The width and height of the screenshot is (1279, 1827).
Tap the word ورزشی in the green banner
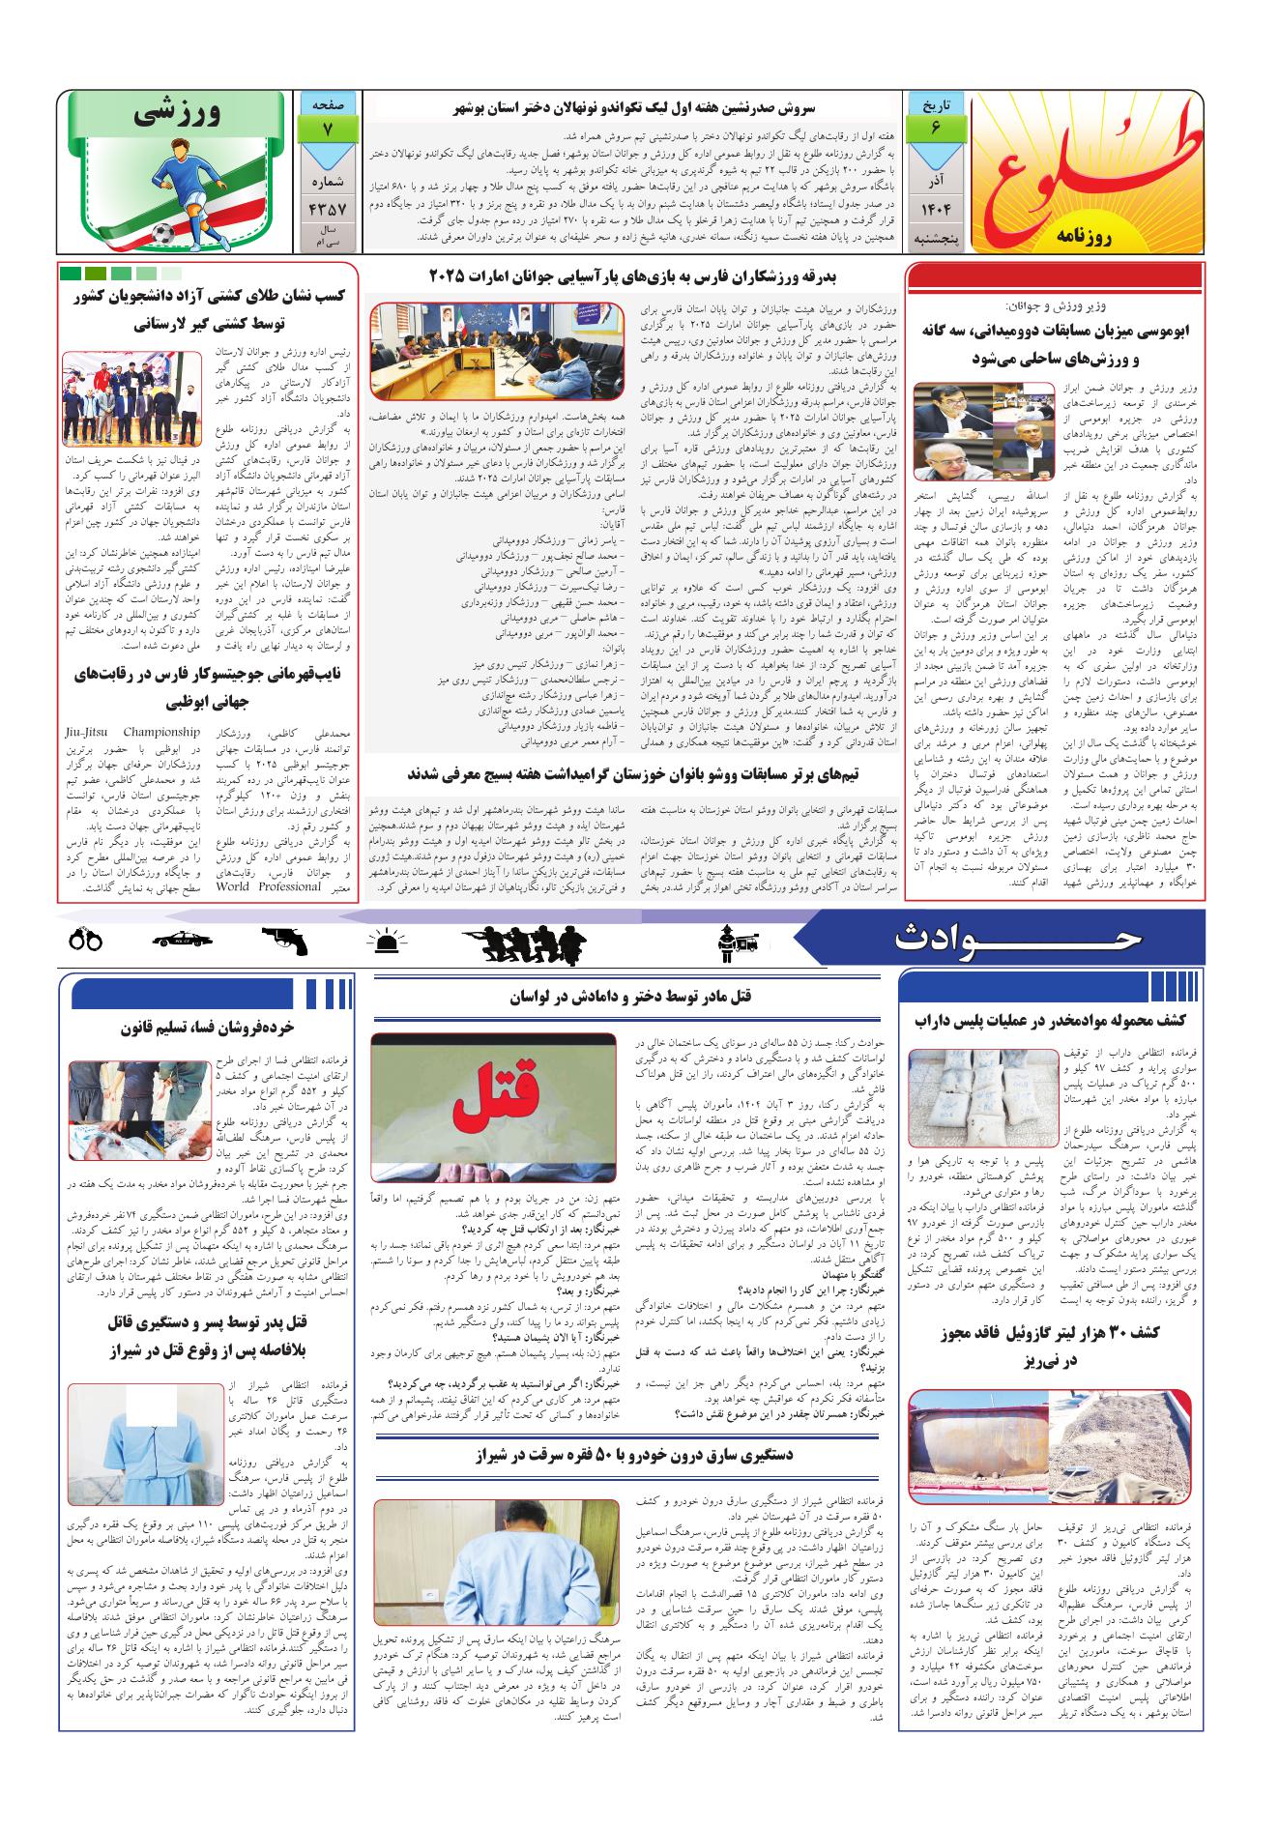point(183,115)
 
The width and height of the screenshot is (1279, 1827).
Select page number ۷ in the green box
point(330,128)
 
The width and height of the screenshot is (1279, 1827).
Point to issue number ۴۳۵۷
point(330,208)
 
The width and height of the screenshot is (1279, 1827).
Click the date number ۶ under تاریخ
point(935,128)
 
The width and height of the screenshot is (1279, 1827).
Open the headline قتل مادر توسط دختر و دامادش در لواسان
point(631,997)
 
